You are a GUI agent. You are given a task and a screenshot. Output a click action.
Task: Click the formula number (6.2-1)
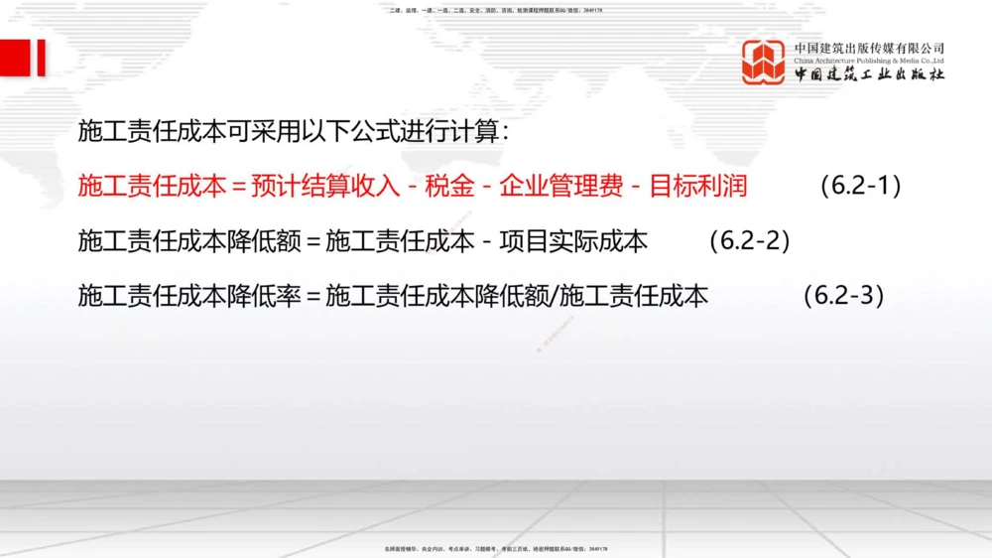[861, 186]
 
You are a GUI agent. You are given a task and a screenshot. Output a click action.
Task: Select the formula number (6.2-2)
[750, 240]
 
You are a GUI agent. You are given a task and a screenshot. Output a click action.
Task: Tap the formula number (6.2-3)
[843, 295]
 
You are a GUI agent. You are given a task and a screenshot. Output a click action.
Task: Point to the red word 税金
[449, 186]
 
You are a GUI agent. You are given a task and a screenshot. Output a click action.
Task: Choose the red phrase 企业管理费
[560, 186]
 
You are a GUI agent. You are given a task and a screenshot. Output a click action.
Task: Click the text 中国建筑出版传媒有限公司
[869, 48]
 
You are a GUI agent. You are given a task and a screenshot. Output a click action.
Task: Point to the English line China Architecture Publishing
[869, 61]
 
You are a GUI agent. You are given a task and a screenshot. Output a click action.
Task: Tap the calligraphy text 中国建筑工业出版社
[869, 74]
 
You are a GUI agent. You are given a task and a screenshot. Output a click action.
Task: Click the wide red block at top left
[14, 58]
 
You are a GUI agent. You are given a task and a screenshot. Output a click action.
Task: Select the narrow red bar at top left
[42, 58]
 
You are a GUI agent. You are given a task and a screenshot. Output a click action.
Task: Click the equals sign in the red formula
[238, 186]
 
